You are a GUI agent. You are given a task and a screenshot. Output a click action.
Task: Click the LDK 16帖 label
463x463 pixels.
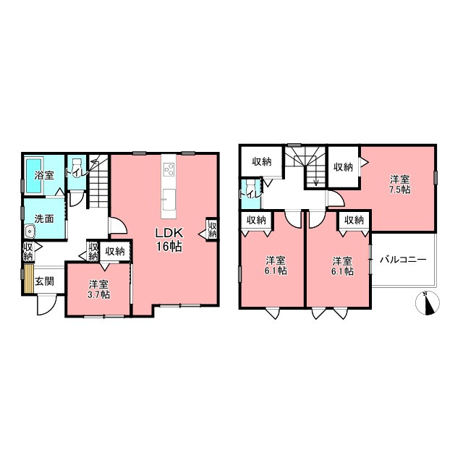coord(169,239)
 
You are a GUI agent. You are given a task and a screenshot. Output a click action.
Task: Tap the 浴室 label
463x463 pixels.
coord(44,175)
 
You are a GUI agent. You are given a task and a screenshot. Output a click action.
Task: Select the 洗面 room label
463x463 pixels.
coord(44,218)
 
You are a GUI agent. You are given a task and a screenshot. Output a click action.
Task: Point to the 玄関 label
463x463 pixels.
coord(45,281)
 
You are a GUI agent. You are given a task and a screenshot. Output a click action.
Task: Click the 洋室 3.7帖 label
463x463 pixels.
coord(99,289)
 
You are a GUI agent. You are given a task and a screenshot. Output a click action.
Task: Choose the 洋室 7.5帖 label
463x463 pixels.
coord(400,184)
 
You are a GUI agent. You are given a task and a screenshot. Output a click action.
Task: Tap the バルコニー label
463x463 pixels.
coord(403,260)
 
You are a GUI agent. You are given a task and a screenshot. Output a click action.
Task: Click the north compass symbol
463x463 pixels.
coord(428,303)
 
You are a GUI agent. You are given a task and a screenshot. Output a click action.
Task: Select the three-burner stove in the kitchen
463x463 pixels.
coord(169,170)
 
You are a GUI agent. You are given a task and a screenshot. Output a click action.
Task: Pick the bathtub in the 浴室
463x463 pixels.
coord(34,176)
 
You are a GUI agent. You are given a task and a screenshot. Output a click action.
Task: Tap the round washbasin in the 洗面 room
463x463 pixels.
coord(30,231)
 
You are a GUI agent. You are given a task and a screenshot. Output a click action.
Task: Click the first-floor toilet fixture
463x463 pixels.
coord(77,166)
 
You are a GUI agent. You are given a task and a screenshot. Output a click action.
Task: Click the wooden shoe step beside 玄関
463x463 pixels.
coord(29,279)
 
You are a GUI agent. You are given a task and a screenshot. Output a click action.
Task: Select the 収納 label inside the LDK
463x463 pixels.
coord(213,230)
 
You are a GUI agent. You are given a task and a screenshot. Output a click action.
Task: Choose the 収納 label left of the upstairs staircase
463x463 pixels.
coord(262,161)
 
